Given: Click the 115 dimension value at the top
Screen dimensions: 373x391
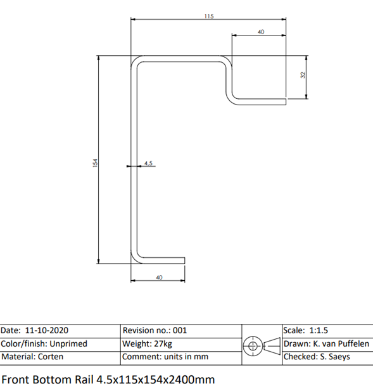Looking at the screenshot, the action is coord(209,16).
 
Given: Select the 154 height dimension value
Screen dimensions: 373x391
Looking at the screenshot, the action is coord(95,163).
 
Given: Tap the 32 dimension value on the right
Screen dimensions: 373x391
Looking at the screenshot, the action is coord(303,75).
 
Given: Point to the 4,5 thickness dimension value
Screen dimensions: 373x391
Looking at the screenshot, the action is coord(148,163).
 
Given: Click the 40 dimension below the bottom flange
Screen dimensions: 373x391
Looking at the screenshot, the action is coord(159,278).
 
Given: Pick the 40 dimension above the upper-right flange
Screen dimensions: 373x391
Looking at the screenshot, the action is coord(261,32).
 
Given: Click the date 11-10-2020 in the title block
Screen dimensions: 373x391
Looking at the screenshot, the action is coord(47,330).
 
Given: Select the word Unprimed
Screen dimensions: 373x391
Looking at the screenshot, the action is coord(68,343).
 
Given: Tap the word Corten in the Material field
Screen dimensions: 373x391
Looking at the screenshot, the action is coord(51,357).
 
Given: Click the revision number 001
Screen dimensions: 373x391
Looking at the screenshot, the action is coord(180,330).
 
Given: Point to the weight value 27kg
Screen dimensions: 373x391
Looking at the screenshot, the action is coord(163,344).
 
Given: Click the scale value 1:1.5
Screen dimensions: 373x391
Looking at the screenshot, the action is coord(319,330).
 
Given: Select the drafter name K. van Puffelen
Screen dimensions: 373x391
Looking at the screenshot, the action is coord(341,343).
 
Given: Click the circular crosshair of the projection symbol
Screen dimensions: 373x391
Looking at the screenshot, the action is coord(253,346).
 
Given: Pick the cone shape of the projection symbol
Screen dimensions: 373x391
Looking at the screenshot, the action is coord(272,346).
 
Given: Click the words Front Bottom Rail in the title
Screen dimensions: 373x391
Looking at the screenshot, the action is coord(47,380).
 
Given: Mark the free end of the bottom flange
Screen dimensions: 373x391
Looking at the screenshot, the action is coord(185,260).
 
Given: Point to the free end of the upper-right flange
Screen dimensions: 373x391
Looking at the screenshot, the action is coord(286,102).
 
